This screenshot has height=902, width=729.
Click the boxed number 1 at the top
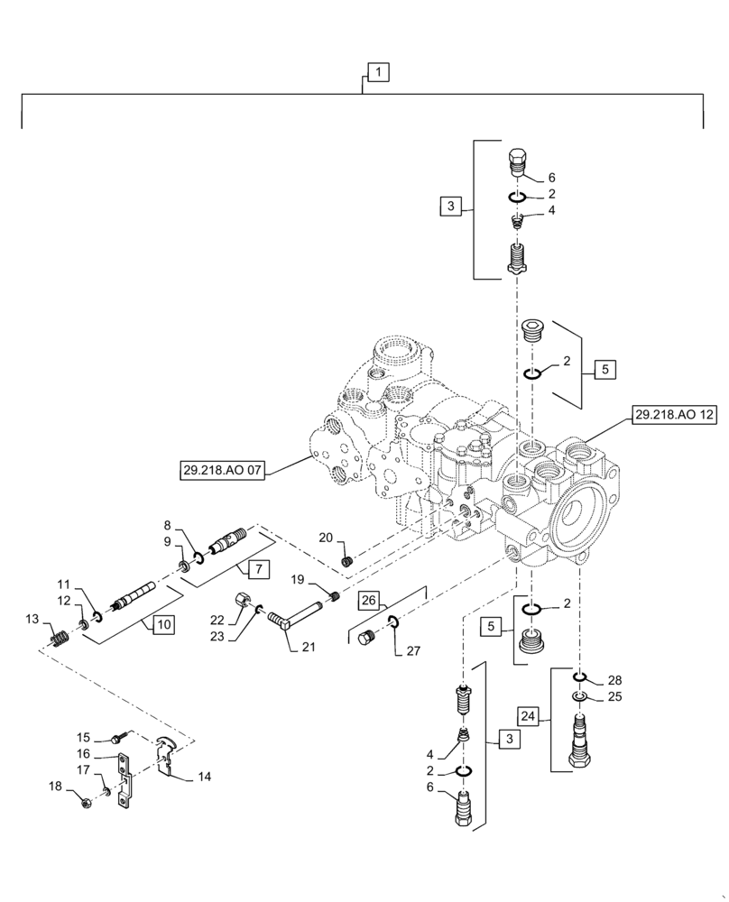[x=378, y=71]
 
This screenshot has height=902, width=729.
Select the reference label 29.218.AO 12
[x=674, y=415]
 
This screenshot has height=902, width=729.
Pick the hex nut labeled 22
[x=243, y=599]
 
